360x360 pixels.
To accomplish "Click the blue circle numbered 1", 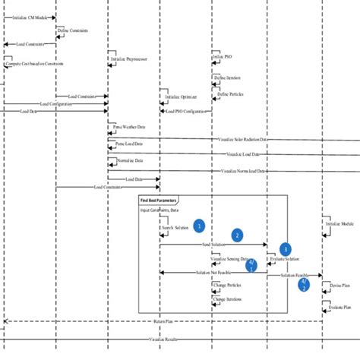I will coord(198,226).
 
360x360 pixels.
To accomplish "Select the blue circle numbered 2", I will coord(237,235).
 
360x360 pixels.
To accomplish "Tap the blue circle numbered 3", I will coord(285,248).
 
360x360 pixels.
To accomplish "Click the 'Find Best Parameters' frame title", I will coord(157,200).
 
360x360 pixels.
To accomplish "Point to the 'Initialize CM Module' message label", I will coord(30,16).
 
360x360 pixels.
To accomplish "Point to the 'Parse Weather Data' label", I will coord(130,128).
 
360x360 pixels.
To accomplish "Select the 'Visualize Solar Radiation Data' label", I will coord(242,140).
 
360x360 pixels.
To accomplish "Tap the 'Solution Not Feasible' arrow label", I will coord(213,273).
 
